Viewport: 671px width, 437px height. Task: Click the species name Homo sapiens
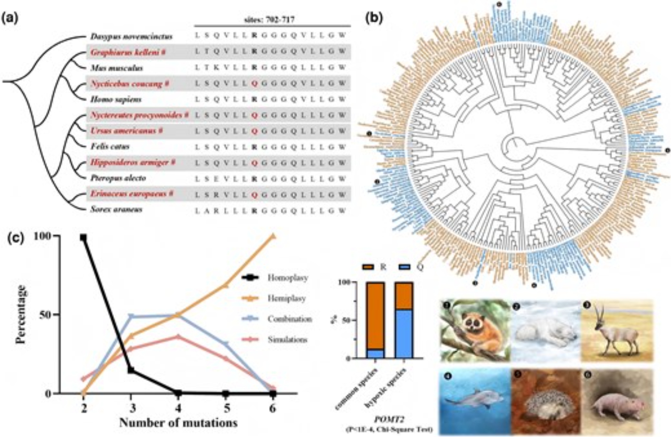coord(116,100)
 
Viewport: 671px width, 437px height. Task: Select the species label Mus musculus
coord(116,68)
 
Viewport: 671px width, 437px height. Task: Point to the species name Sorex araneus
coord(116,210)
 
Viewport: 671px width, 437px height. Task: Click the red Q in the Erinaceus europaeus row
coord(255,194)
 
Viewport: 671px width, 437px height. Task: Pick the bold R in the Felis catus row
coord(255,147)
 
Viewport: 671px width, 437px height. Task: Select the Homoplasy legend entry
coord(288,278)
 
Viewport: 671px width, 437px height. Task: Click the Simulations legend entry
coord(287,339)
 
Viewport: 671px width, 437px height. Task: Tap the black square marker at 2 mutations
coord(83,238)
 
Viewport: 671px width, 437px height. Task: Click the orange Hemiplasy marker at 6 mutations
coord(273,236)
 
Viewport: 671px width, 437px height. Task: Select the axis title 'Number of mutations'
coord(178,423)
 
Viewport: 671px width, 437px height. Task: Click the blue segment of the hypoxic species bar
coord(404,334)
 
